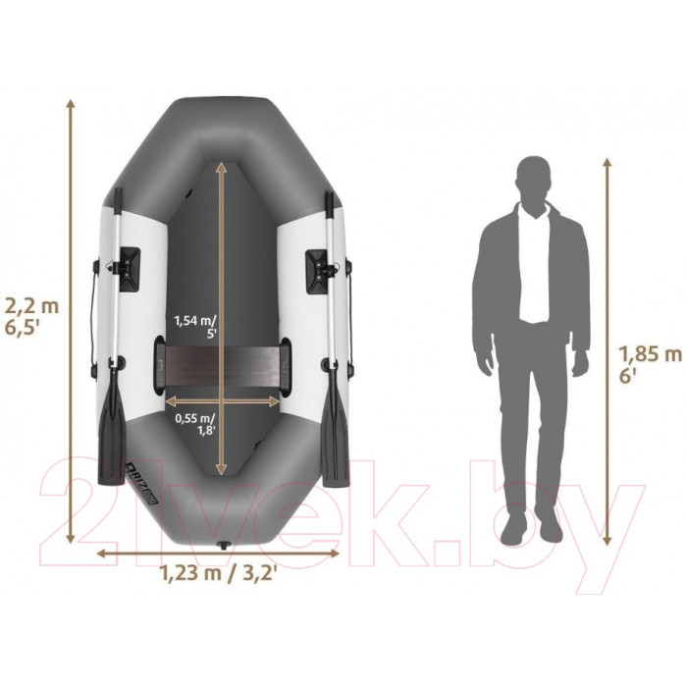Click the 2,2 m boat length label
point(31,306)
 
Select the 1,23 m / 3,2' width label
point(218,573)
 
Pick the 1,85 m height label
point(650,353)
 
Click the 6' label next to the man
point(627,375)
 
